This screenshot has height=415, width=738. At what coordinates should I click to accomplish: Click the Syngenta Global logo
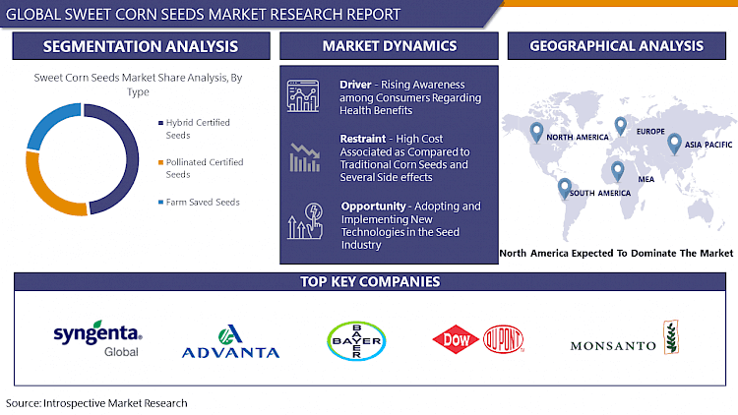(x=97, y=339)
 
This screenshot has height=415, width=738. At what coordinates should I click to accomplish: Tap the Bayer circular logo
(x=355, y=341)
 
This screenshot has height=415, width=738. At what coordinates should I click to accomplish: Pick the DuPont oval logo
(x=503, y=340)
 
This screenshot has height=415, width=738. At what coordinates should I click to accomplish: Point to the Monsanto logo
(x=625, y=341)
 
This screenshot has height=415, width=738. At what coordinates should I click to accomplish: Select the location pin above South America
(x=564, y=186)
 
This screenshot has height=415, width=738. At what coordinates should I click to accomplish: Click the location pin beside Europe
(x=621, y=125)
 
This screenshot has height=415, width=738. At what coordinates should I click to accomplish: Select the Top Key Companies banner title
(x=369, y=282)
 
